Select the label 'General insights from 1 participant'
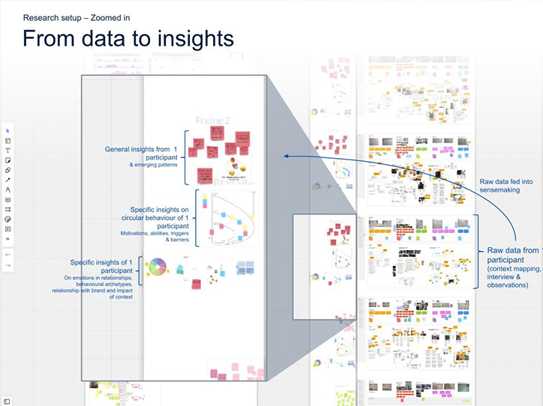pos(142,154)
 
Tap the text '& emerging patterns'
pos(153,165)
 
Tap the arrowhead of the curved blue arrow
pos(286,156)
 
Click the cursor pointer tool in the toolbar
pos(7,131)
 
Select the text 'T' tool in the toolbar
pos(7,151)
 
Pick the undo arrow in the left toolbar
pos(7,255)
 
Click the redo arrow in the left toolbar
pos(7,266)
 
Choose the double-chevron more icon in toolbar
pos(7,239)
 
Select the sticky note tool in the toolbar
pos(7,160)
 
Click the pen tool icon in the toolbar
pos(7,180)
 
